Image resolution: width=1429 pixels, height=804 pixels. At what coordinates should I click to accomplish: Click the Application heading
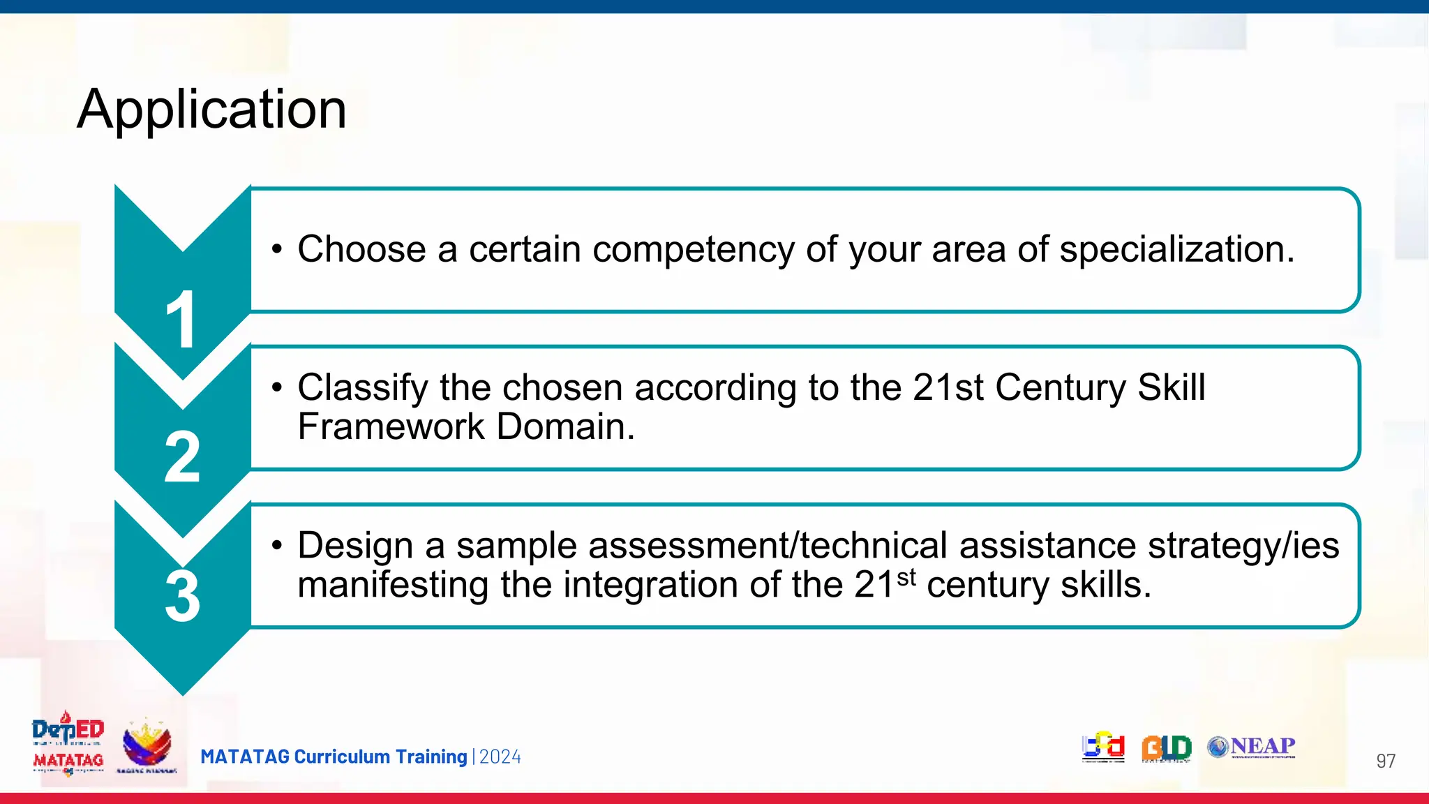click(x=211, y=110)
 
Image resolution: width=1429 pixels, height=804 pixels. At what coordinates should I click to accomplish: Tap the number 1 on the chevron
click(x=181, y=320)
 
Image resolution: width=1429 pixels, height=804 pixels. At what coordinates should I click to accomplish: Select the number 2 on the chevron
click(x=182, y=457)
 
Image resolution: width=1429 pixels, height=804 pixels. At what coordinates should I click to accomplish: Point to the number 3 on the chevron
click(x=182, y=597)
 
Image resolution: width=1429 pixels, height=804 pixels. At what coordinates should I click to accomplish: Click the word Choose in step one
click(x=361, y=249)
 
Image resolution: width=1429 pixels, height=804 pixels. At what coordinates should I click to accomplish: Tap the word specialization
click(x=1176, y=249)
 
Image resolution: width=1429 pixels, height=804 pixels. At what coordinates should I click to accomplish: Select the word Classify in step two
click(x=362, y=387)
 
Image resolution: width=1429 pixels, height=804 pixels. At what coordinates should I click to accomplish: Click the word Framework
click(x=391, y=426)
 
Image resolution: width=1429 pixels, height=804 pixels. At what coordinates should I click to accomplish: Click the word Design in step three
click(x=355, y=546)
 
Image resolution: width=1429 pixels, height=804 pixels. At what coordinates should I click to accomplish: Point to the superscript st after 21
click(x=906, y=577)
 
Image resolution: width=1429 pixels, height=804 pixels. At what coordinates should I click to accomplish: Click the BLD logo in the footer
click(x=1166, y=748)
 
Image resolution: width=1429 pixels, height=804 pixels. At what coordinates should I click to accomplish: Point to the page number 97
click(x=1385, y=761)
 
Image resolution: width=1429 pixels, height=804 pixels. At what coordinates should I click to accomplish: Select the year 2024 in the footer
click(x=500, y=757)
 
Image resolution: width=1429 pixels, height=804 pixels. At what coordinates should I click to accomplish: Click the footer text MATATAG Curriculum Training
click(x=334, y=757)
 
